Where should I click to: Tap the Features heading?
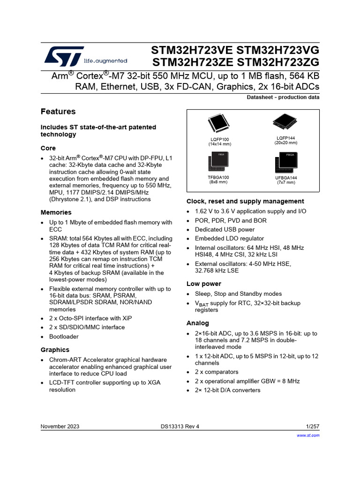[58, 112]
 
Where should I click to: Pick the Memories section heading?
[56, 212]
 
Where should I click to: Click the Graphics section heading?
[55, 350]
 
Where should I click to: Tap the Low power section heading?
[204, 284]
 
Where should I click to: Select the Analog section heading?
[198, 323]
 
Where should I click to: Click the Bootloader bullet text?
[64, 337]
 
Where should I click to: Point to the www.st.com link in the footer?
[308, 435]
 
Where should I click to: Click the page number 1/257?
[312, 426]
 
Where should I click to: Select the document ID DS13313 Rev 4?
[180, 426]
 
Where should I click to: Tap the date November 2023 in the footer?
[60, 426]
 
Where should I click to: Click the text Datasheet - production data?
[283, 97]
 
